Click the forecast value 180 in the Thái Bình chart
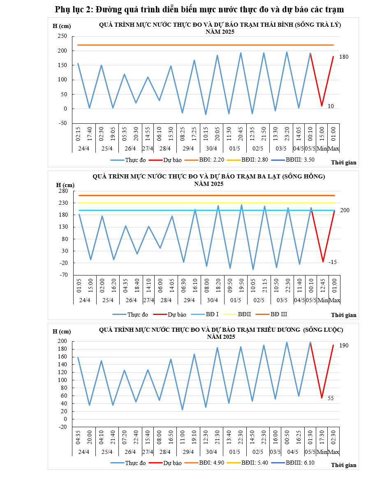[x=344, y=57]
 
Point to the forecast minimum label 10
[x=331, y=106]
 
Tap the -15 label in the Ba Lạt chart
[x=333, y=262]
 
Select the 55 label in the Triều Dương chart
[x=331, y=398]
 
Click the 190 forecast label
[x=344, y=345]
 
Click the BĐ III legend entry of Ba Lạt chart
[x=278, y=314]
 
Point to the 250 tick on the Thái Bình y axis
[x=63, y=36]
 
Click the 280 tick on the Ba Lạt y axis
[x=63, y=191]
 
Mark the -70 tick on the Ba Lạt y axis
[x=63, y=275]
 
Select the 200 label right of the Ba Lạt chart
[x=345, y=210]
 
